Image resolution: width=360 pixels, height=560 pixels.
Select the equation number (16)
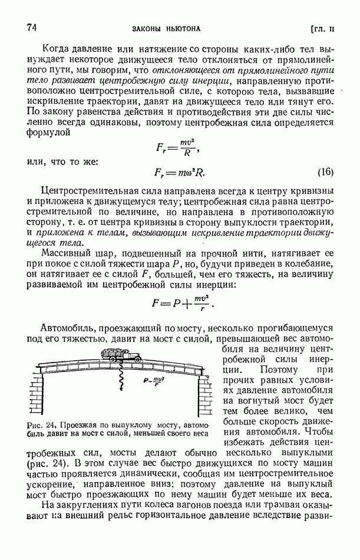point(325,173)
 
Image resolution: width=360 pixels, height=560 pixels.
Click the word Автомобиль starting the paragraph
point(70,328)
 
